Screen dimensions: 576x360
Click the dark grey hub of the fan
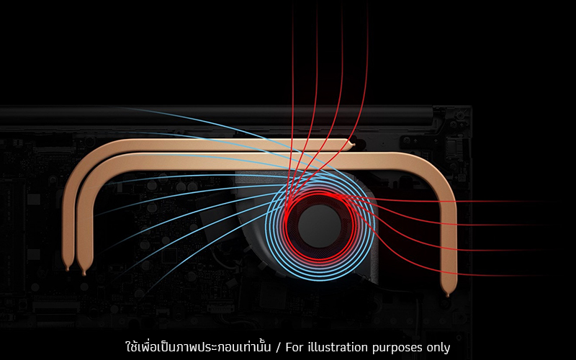point(320,226)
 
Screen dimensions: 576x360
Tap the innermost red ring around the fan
point(319,192)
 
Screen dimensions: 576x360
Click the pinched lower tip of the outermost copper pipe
point(67,269)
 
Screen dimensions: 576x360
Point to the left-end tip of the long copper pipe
point(84,274)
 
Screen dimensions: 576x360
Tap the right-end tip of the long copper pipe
point(447,294)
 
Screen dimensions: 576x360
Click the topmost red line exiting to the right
point(441,202)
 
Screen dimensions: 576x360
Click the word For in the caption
point(294,347)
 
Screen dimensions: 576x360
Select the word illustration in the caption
point(338,347)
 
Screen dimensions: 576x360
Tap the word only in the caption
point(438,348)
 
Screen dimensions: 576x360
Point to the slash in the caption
point(279,348)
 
